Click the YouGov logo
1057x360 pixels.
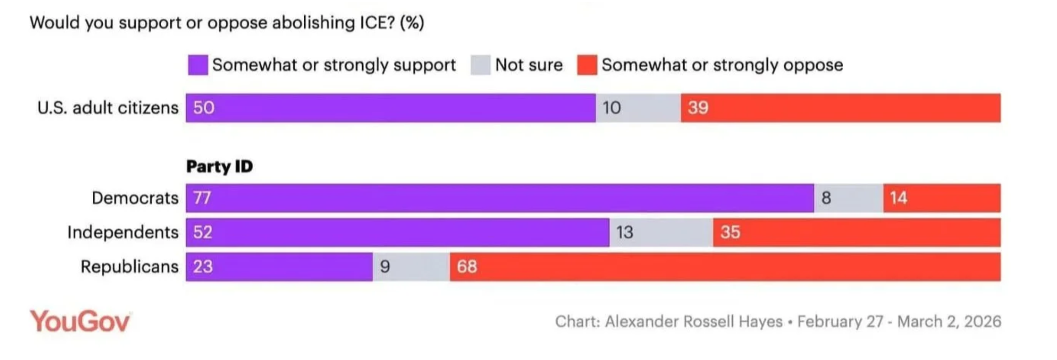click(x=80, y=321)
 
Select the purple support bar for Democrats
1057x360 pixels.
click(x=500, y=198)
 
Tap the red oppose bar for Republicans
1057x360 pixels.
click(x=725, y=266)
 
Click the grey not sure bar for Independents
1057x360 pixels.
click(x=661, y=232)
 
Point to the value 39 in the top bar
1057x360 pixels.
click(x=698, y=108)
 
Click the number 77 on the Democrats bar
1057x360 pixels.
click(x=202, y=198)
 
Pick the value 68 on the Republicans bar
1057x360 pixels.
click(x=466, y=266)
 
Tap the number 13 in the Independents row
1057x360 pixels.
click(x=624, y=232)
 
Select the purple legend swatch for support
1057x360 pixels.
click(x=198, y=65)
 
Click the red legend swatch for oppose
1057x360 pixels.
click(x=587, y=65)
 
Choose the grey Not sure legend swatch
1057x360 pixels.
click(x=480, y=65)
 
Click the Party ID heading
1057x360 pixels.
click(x=219, y=166)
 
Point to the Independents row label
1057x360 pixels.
click(x=122, y=232)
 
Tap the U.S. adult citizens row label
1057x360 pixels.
click(x=108, y=108)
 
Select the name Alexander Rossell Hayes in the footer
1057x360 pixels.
click(x=693, y=322)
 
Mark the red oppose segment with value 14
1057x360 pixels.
click(x=941, y=198)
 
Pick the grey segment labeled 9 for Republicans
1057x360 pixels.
click(x=411, y=266)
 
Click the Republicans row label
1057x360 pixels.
click(x=129, y=266)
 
